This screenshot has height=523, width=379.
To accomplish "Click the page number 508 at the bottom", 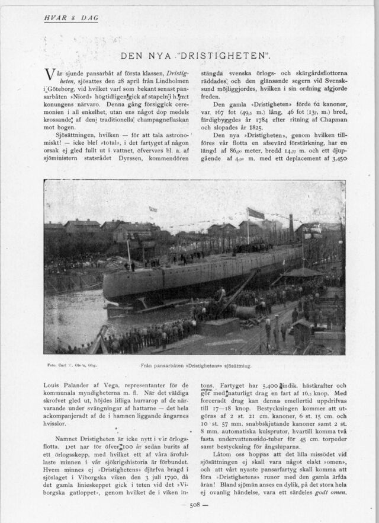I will click(195, 505).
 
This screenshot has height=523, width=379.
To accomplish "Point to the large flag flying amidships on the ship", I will click(256, 213).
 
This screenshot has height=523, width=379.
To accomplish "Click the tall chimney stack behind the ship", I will click(291, 225).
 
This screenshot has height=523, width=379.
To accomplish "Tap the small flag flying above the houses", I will click(153, 209).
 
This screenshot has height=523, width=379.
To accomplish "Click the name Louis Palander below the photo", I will click(66, 385).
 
